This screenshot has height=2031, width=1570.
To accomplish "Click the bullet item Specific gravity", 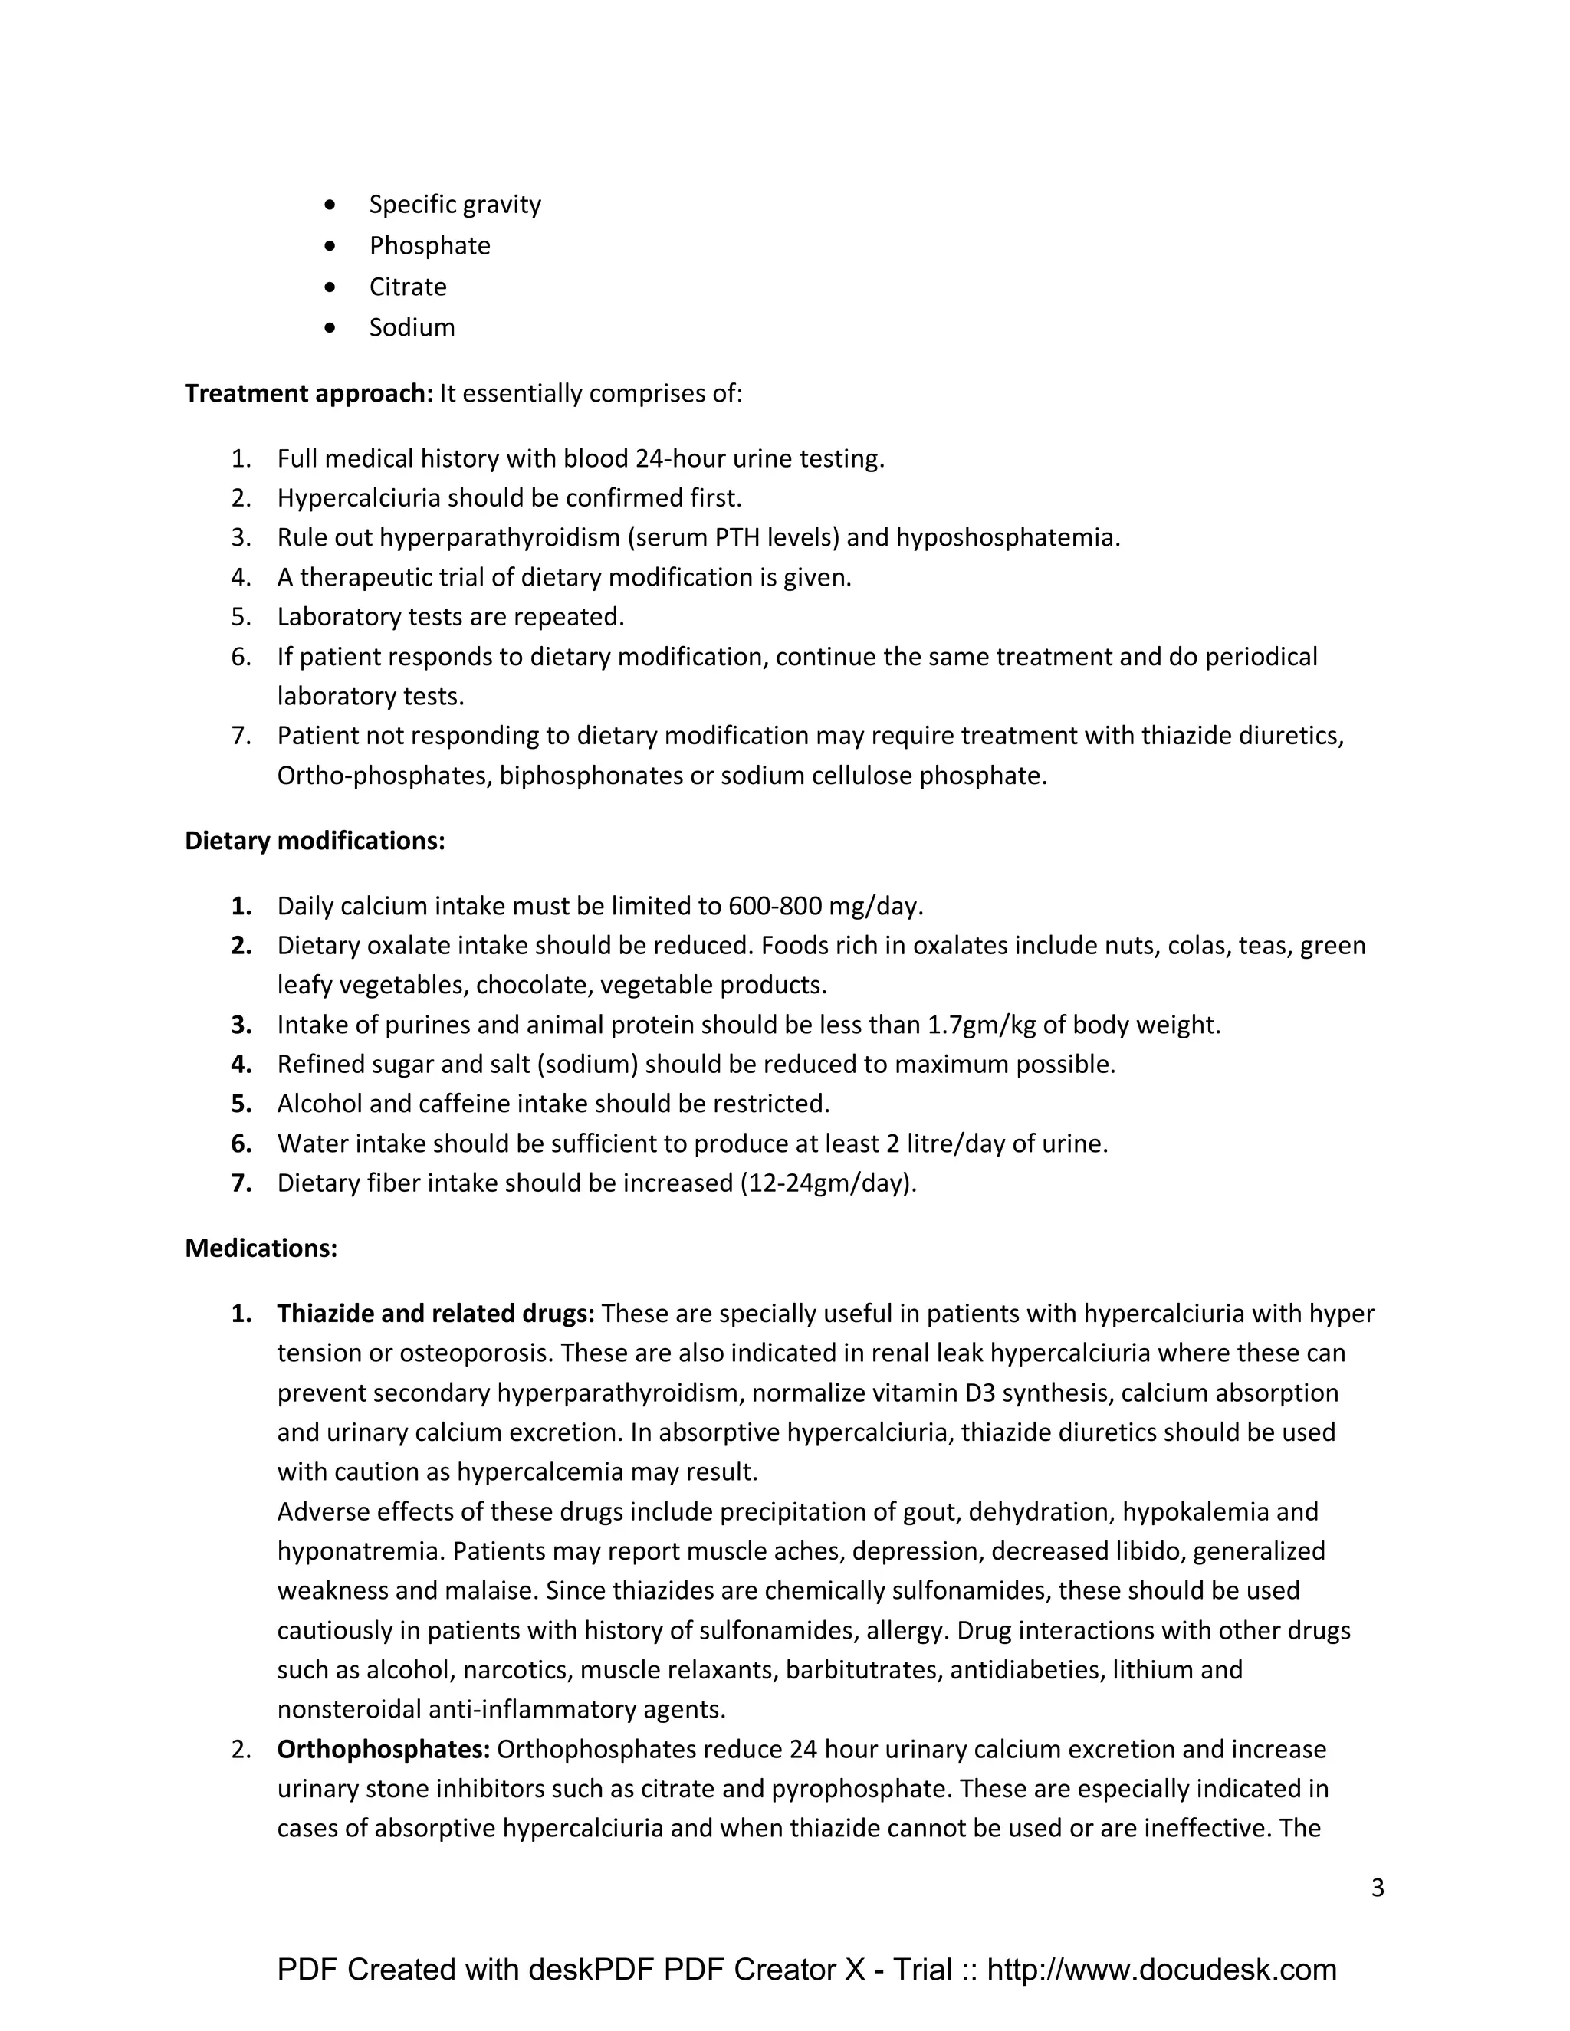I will point(454,205).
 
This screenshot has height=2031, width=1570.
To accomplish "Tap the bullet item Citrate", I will point(407,287).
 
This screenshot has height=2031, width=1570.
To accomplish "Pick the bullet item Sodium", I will point(411,327).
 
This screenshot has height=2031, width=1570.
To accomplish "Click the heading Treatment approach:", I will point(309,393).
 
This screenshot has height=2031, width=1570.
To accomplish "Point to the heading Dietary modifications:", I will point(314,841).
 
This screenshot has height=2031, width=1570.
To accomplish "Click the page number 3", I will point(1378,1888).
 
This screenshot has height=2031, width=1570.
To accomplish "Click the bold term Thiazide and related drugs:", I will point(435,1313).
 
